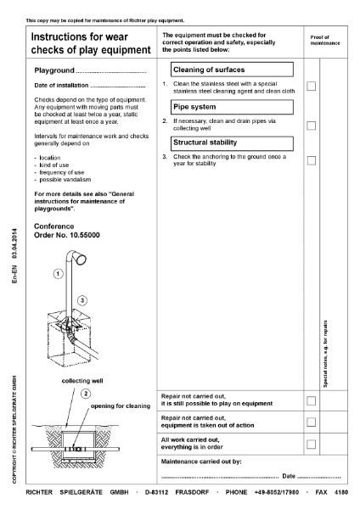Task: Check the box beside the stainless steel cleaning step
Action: [x=312, y=86]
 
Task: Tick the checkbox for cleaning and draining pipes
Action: [x=312, y=126]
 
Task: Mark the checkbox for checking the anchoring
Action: [x=312, y=160]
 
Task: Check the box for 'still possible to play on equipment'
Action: [x=312, y=400]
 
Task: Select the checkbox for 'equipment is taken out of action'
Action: [x=312, y=422]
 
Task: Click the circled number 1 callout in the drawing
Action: [x=57, y=274]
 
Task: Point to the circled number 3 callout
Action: [x=82, y=300]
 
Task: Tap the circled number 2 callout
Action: [x=86, y=393]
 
